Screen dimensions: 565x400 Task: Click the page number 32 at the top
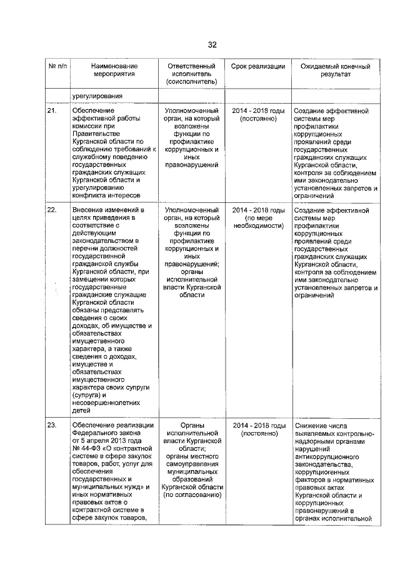pos(212,45)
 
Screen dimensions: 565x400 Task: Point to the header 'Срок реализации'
pos(258,66)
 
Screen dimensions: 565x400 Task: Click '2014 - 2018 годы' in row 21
pos(258,111)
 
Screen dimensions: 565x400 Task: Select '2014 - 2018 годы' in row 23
pos(258,425)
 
